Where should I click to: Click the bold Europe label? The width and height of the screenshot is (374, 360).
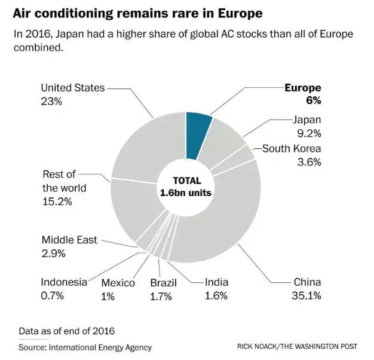tap(303, 88)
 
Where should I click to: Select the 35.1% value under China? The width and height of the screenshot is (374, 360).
tap(307, 295)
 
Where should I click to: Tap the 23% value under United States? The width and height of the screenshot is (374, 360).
tap(51, 102)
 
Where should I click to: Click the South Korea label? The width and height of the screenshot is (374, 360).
tap(292, 149)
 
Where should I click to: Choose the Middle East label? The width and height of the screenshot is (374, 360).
tap(69, 240)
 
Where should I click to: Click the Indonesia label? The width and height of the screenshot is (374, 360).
tap(64, 282)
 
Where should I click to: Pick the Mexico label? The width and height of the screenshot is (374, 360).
tap(118, 283)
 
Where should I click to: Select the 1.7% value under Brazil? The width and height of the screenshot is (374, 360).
tap(161, 296)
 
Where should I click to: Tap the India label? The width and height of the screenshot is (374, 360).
tap(216, 282)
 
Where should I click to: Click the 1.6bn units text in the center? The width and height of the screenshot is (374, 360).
tap(186, 193)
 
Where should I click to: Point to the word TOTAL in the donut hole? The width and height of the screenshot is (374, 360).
tap(187, 181)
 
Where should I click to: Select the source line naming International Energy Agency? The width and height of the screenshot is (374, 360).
tap(85, 347)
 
